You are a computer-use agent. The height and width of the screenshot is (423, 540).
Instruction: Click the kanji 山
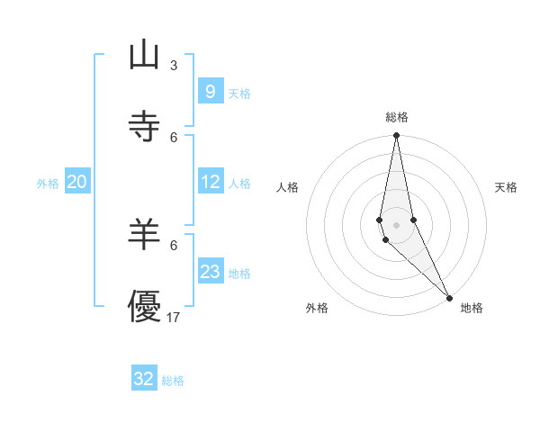144,56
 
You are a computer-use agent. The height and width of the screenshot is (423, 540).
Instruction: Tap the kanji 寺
144,127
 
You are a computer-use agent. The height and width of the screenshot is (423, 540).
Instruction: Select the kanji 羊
144,235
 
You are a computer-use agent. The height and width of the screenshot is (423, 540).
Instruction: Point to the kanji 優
144,307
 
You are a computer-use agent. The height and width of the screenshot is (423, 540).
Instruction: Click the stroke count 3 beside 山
174,65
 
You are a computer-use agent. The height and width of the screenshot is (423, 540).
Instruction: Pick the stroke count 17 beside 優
174,317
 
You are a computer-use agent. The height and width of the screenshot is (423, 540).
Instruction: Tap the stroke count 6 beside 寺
174,137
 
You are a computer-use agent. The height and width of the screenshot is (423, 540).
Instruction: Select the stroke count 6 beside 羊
174,245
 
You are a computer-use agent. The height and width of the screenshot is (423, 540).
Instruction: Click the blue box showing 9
210,92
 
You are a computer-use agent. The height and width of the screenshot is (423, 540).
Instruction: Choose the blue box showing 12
210,182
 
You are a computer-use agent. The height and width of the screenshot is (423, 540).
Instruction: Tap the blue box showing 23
210,272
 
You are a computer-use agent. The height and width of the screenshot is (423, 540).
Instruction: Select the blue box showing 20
76,182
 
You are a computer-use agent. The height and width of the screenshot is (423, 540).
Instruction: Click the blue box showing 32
144,379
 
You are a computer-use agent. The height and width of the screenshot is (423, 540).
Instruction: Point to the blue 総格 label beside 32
173,381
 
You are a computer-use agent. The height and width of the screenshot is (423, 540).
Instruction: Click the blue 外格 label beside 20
48,184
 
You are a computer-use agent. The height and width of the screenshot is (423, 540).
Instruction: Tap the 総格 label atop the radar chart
397,117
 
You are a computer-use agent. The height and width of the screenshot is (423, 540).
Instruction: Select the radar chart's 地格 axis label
472,309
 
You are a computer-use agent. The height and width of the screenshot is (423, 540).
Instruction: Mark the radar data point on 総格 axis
396,136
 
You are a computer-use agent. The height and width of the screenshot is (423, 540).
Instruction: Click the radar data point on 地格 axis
450,298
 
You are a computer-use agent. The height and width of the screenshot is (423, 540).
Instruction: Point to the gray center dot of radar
396,224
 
